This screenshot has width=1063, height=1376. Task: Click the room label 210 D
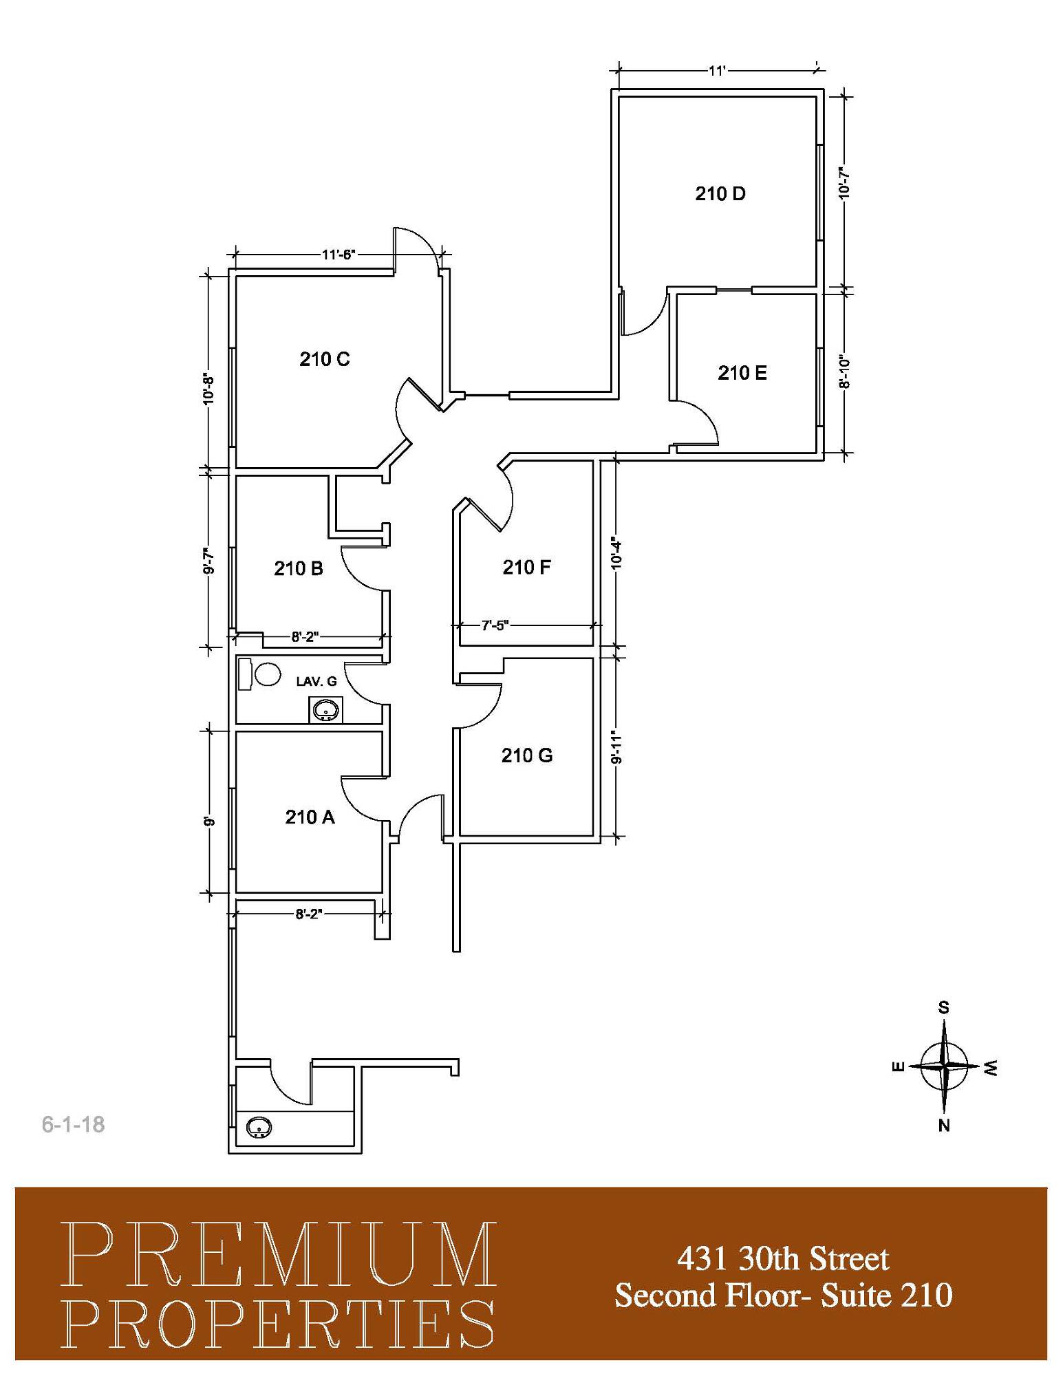(720, 193)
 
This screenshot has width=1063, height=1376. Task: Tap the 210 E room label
(742, 372)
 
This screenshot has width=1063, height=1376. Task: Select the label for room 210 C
(325, 358)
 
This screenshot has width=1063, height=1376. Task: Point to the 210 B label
(299, 568)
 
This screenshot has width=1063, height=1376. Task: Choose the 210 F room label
(526, 567)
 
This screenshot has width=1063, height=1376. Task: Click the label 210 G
(527, 755)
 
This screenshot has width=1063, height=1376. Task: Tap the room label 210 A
(310, 817)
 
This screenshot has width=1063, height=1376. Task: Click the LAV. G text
(316, 681)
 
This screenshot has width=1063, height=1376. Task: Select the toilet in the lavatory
(259, 674)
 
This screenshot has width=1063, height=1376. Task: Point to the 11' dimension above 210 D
(718, 70)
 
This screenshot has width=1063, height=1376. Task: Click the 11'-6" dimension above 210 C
(339, 255)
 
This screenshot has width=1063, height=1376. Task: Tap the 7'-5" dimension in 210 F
(495, 625)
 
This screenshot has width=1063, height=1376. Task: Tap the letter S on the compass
(944, 1007)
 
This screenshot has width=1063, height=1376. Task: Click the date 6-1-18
(74, 1124)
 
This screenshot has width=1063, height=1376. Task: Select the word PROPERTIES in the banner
(278, 1324)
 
